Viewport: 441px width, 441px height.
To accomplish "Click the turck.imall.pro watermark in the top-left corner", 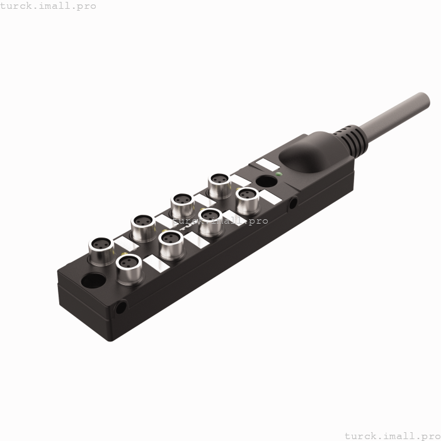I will (x=48, y=6).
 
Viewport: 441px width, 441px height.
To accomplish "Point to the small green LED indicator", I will (x=278, y=174).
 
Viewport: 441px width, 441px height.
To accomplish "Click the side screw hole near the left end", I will (x=120, y=308).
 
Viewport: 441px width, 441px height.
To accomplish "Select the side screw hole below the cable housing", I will (x=294, y=203).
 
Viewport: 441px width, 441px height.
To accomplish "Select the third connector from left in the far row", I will (x=183, y=202).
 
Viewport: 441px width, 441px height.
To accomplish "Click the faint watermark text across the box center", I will (x=220, y=221).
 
